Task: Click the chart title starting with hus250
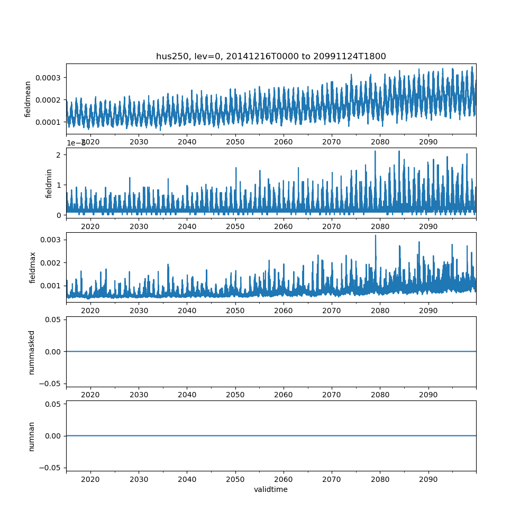click(271, 56)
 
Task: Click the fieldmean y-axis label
click(28, 99)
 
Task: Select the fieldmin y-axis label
click(49, 184)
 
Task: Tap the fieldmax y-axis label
click(33, 268)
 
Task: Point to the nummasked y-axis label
click(32, 352)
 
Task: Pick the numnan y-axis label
click(32, 436)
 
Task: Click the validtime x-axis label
click(271, 489)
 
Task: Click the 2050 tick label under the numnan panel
click(235, 479)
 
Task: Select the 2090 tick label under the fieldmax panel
click(428, 311)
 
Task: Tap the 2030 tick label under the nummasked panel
click(139, 395)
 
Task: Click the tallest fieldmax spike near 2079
click(376, 236)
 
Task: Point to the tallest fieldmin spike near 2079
click(375, 152)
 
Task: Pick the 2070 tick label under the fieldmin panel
click(332, 226)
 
